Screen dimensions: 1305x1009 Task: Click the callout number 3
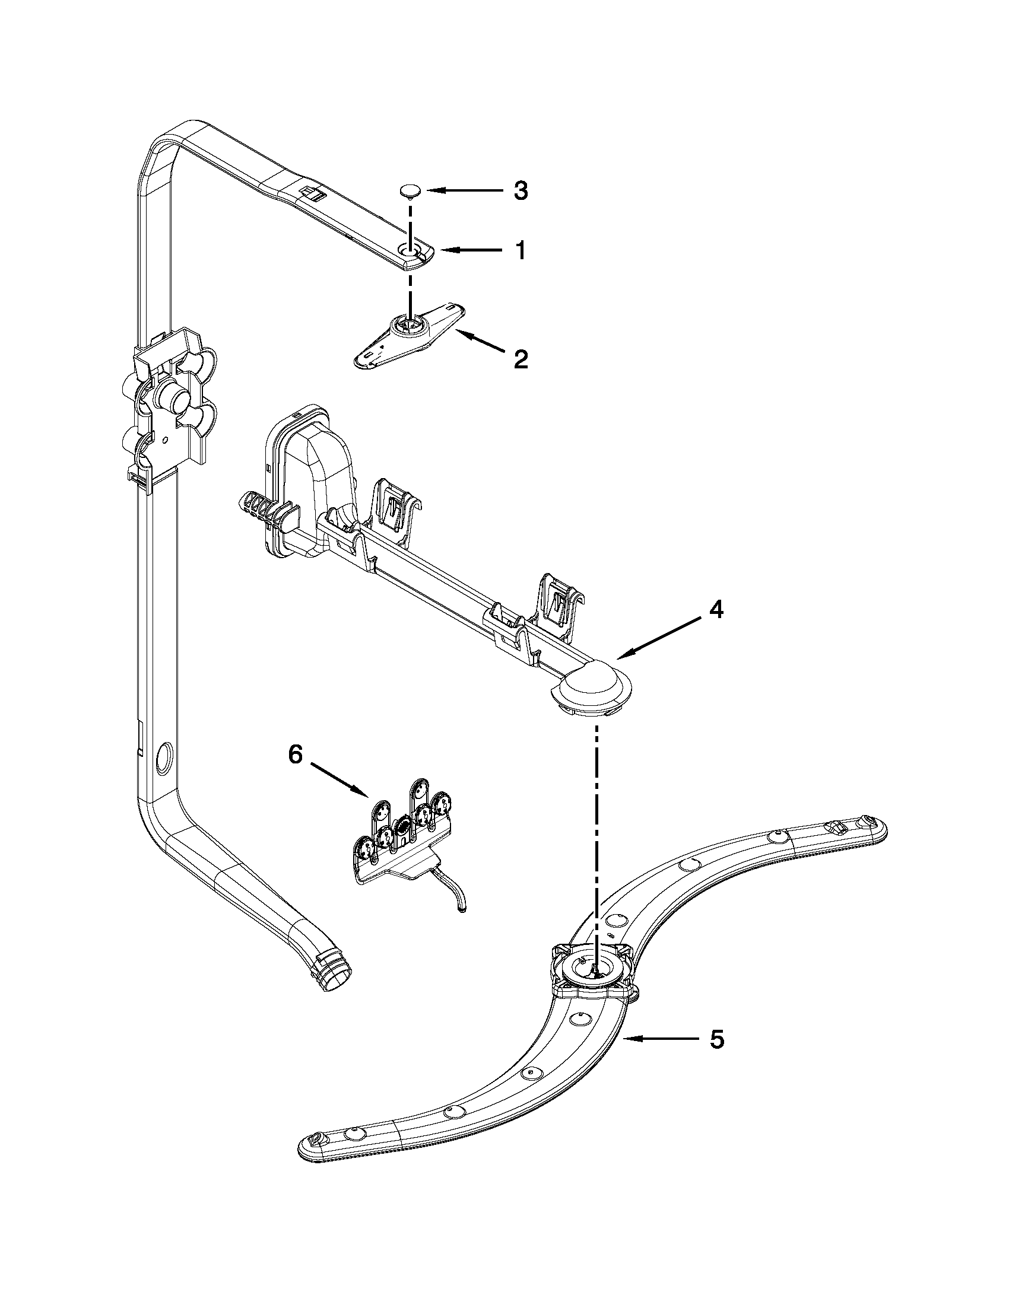521,191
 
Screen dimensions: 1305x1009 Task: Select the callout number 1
521,250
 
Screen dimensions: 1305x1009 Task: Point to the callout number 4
716,610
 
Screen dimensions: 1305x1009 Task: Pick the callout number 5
717,1039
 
